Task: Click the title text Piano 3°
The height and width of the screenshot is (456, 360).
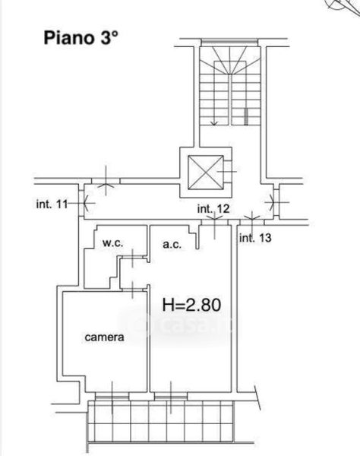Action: tap(81, 38)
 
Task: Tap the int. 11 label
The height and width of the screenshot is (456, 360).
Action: tap(52, 204)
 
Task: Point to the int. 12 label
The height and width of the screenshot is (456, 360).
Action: tap(213, 208)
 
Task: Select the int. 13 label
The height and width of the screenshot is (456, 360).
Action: tap(255, 238)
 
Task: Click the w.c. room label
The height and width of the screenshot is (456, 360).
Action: tap(112, 243)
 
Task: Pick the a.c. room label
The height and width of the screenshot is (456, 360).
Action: tap(172, 244)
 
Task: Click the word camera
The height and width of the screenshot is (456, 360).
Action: tap(104, 337)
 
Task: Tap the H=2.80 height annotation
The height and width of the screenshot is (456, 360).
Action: tap(191, 305)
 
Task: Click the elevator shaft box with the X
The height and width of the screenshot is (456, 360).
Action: tap(206, 173)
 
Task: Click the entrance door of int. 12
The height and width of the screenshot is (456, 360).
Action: tap(214, 222)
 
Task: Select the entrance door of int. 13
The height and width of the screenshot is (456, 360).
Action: tap(252, 222)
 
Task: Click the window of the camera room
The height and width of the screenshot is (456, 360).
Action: tap(112, 396)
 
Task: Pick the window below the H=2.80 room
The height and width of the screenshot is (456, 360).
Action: tap(171, 396)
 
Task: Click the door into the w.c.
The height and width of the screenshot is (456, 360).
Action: tap(132, 257)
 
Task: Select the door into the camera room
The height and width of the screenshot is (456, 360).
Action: tap(133, 290)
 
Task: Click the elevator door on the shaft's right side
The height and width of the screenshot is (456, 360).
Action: tap(228, 172)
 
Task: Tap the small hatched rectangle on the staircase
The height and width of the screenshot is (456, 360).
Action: tap(246, 116)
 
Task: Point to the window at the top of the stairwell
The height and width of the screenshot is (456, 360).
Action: tap(229, 43)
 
